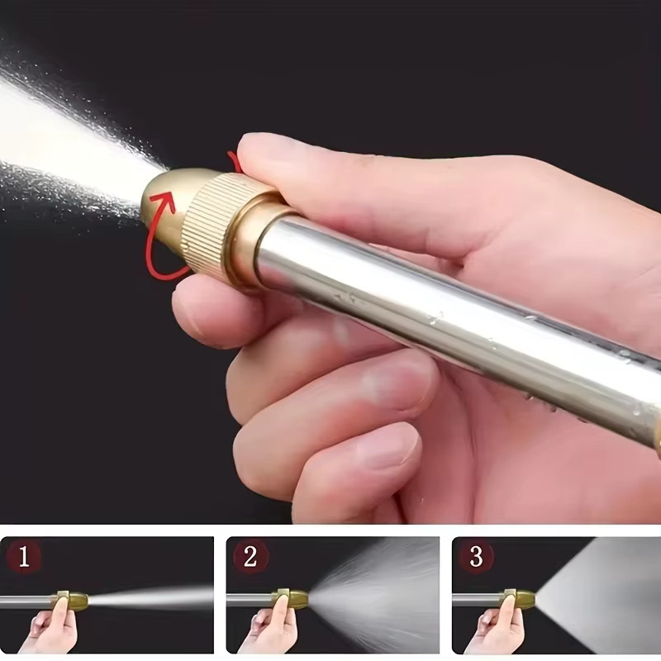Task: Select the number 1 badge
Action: [24, 557]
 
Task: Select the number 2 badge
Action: [250, 557]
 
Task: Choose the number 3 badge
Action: [476, 557]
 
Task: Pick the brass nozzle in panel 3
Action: [521, 598]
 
